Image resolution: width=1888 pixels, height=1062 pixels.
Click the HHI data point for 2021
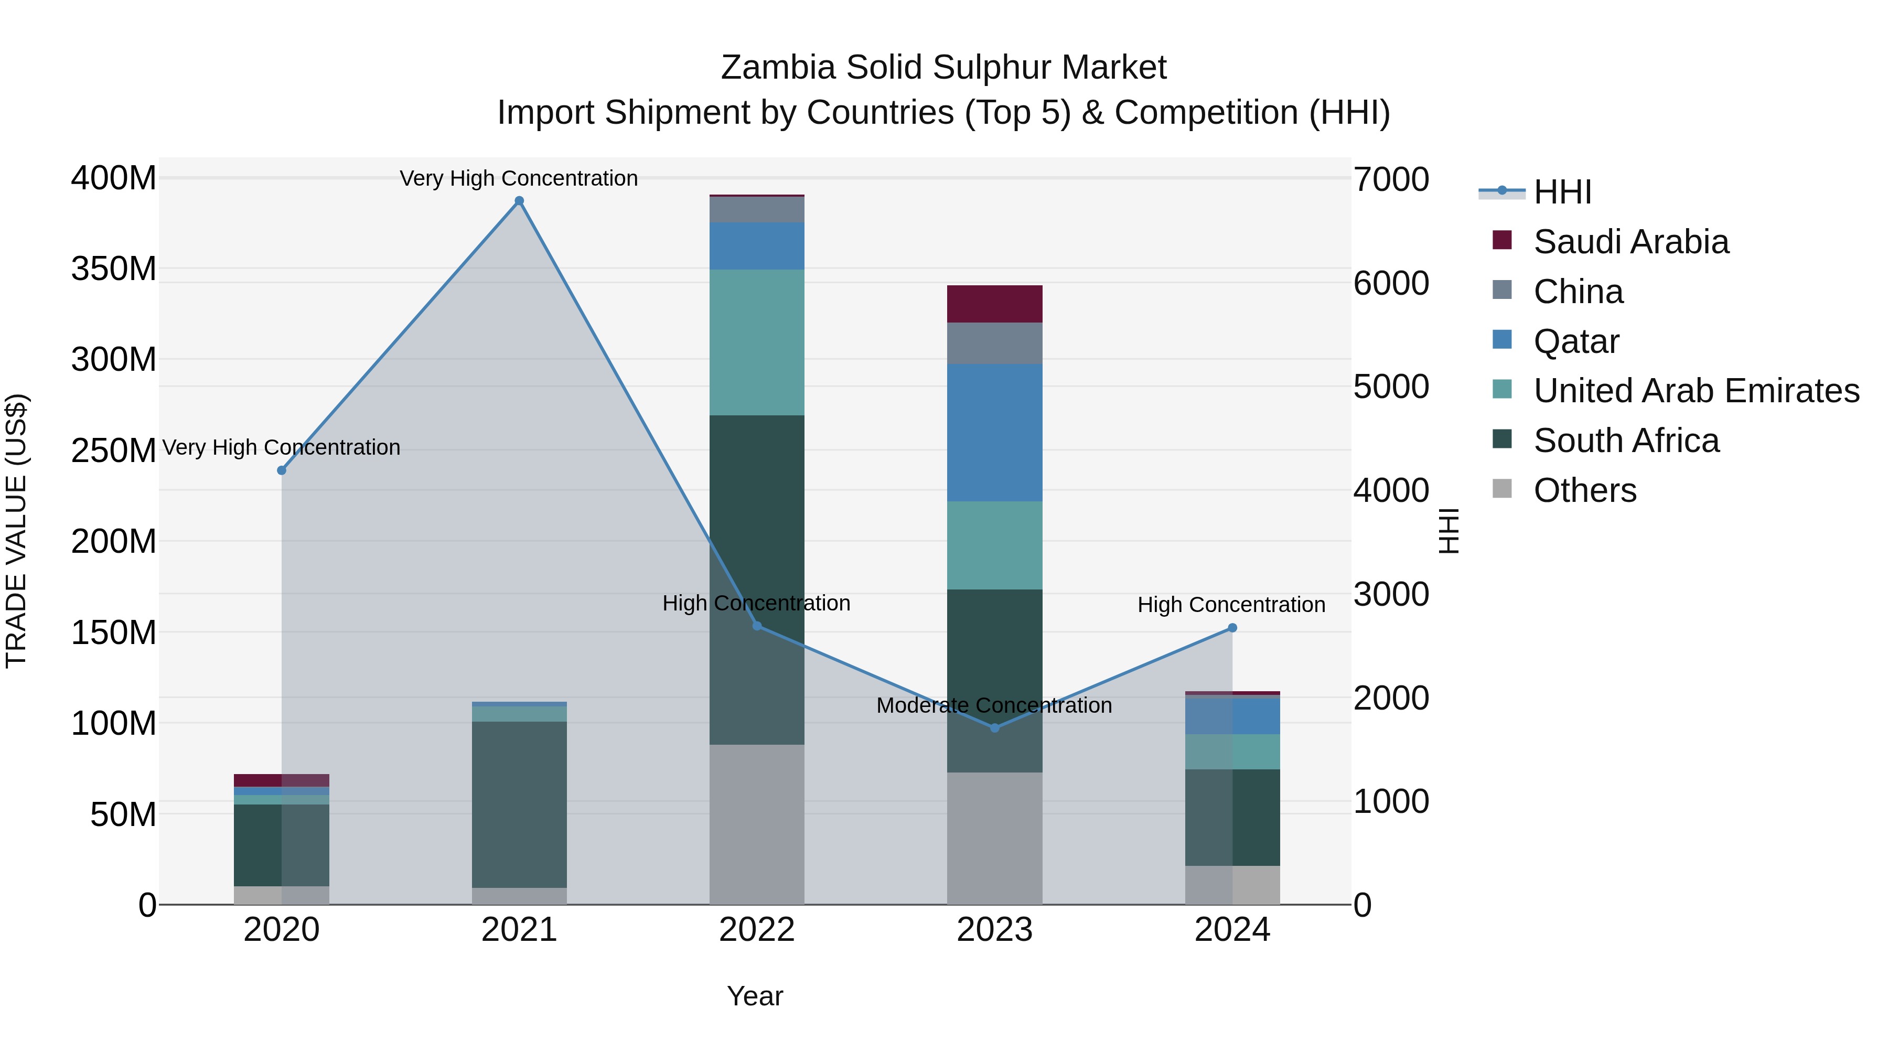click(519, 201)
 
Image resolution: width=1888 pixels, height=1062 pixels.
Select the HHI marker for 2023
click(994, 728)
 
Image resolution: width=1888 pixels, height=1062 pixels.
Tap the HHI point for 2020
click(282, 470)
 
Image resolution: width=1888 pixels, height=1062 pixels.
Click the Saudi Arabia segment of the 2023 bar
click(994, 304)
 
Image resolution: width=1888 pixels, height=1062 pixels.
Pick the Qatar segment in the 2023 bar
click(994, 433)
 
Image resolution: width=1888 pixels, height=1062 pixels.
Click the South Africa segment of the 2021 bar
click(519, 804)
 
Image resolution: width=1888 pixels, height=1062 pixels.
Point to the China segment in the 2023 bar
click(994, 343)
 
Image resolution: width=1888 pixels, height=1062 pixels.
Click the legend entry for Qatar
click(1576, 341)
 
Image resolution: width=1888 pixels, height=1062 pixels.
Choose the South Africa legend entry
click(1626, 441)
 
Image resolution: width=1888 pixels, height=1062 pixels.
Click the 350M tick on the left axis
click(114, 269)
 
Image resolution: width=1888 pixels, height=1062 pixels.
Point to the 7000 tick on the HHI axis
click(1390, 179)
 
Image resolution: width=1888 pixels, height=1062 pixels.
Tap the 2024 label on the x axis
click(1232, 930)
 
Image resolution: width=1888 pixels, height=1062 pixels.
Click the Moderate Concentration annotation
click(994, 705)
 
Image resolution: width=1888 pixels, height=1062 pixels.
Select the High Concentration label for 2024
click(1231, 605)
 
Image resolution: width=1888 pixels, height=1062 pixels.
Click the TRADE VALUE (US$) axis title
click(16, 531)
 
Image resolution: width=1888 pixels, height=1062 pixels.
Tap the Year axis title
click(755, 996)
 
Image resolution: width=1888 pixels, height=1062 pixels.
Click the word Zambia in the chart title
click(778, 68)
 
